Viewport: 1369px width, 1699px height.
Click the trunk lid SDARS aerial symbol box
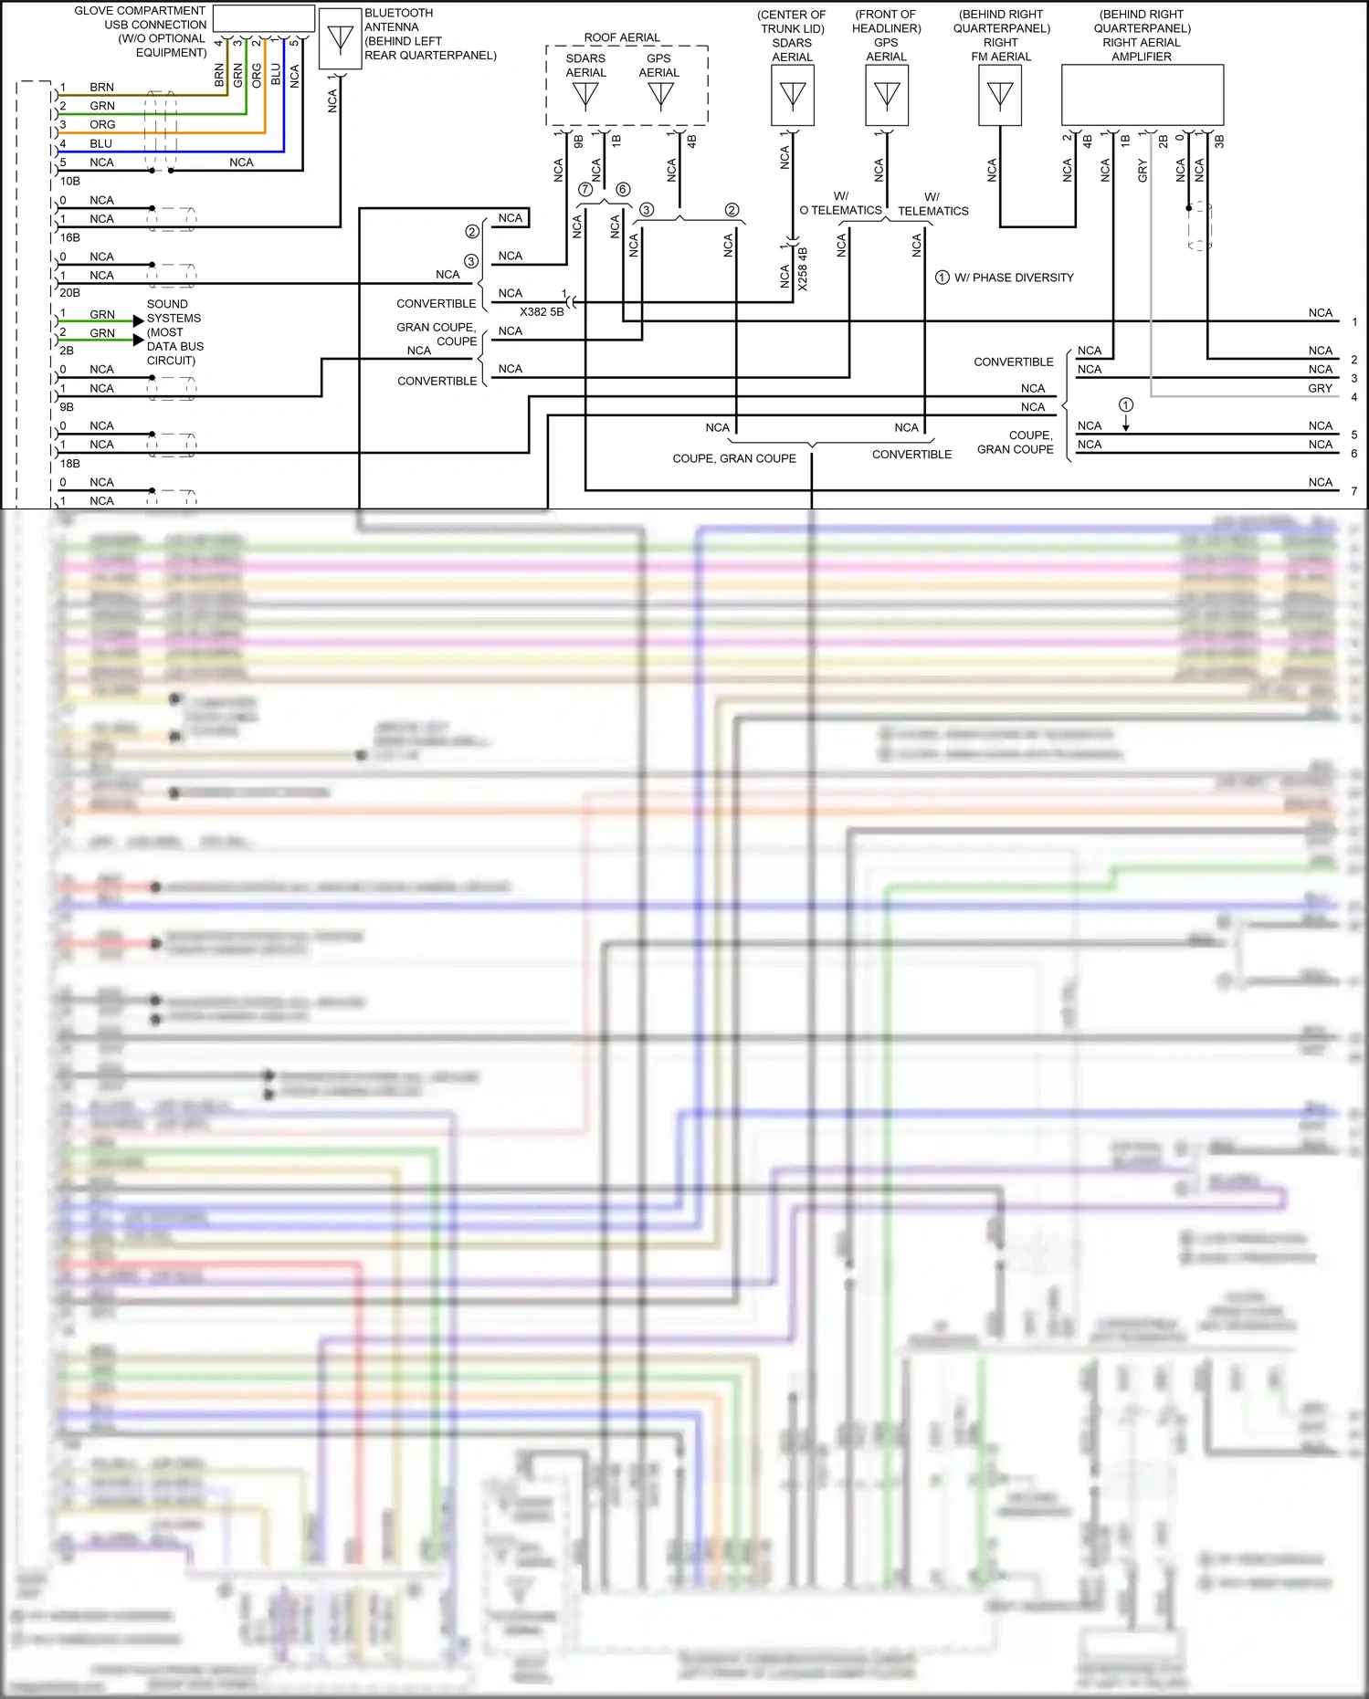click(x=793, y=95)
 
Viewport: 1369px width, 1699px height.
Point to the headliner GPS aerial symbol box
click(x=887, y=95)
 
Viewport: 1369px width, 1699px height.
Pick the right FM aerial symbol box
click(x=1000, y=95)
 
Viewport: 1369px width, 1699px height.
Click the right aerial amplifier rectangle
click(x=1142, y=95)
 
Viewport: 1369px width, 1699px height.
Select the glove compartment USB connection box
click(x=263, y=18)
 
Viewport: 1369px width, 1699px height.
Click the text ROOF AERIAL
click(x=622, y=37)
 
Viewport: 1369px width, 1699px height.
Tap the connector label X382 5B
click(x=542, y=311)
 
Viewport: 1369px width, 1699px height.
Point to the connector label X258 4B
click(x=803, y=268)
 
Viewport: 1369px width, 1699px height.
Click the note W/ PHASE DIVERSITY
click(x=1014, y=278)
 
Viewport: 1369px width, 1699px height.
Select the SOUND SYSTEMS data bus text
click(x=174, y=332)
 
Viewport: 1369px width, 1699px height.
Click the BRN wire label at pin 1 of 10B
click(x=101, y=88)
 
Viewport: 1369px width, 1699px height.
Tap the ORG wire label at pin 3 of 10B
click(x=102, y=125)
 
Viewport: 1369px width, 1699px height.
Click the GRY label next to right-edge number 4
click(x=1320, y=388)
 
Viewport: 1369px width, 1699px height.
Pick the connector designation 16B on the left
click(x=69, y=237)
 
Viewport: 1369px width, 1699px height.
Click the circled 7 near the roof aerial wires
click(x=585, y=190)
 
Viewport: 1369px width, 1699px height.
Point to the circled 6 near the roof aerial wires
click(x=623, y=189)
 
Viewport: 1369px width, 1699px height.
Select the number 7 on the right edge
click(x=1354, y=491)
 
